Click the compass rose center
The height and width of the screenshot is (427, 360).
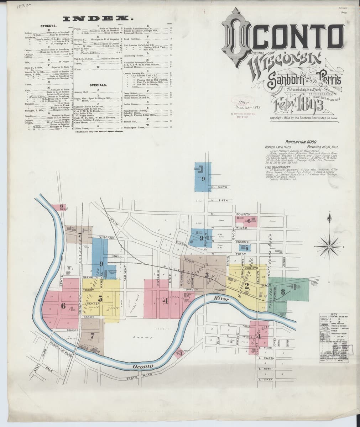330,246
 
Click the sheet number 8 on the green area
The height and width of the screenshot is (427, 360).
283,292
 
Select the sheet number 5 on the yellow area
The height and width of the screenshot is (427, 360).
100,299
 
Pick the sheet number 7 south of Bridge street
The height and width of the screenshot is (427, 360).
92,335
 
